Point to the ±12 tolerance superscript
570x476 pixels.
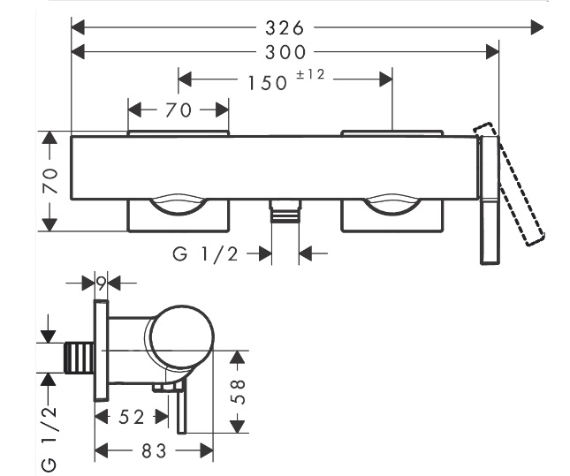(x=311, y=75)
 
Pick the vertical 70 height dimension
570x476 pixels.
(x=50, y=181)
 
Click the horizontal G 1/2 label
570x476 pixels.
(x=206, y=255)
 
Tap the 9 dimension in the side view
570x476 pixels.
(x=102, y=283)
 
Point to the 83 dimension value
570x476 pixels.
(x=154, y=451)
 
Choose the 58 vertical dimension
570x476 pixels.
(x=238, y=391)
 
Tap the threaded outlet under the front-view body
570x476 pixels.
(x=284, y=212)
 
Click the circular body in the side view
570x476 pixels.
(x=181, y=339)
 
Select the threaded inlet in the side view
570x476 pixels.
(x=80, y=359)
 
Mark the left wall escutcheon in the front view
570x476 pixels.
(x=179, y=215)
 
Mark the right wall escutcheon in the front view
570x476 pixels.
(x=391, y=215)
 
